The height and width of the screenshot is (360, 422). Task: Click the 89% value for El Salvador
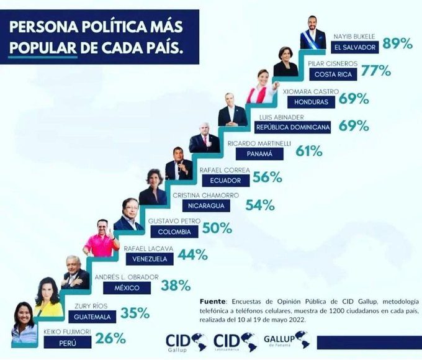click(x=398, y=43)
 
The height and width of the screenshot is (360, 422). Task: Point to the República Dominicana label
click(x=292, y=127)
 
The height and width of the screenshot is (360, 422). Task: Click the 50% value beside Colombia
click(x=217, y=228)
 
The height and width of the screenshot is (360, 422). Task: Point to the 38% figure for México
click(x=176, y=286)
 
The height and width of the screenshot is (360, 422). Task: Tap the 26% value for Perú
click(x=111, y=338)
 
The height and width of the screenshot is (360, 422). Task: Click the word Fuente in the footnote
click(x=213, y=299)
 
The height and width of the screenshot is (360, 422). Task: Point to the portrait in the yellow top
click(x=48, y=297)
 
